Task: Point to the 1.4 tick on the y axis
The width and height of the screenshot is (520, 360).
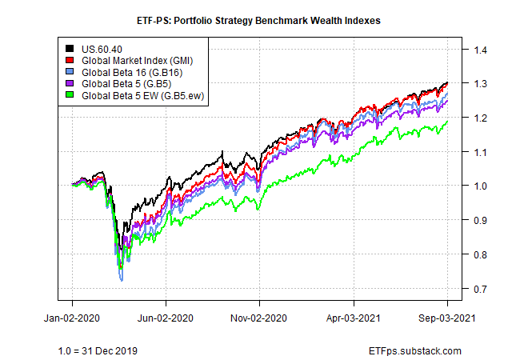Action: coord(480,50)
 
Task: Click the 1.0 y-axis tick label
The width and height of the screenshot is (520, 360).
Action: coord(480,186)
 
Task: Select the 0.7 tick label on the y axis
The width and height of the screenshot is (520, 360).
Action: coord(480,288)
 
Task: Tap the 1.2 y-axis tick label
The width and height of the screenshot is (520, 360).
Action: coord(480,118)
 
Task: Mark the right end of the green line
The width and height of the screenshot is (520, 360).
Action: coord(447,122)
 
